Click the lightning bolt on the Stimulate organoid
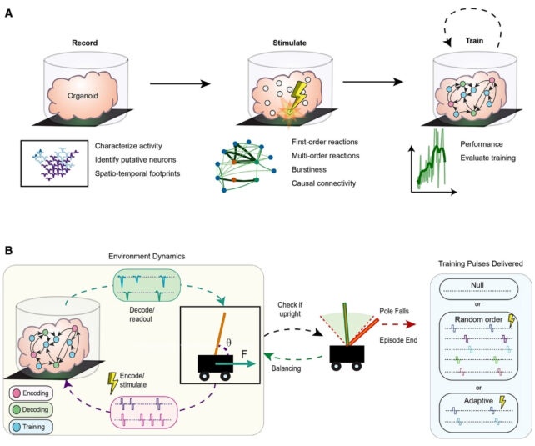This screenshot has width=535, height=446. (297, 102)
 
